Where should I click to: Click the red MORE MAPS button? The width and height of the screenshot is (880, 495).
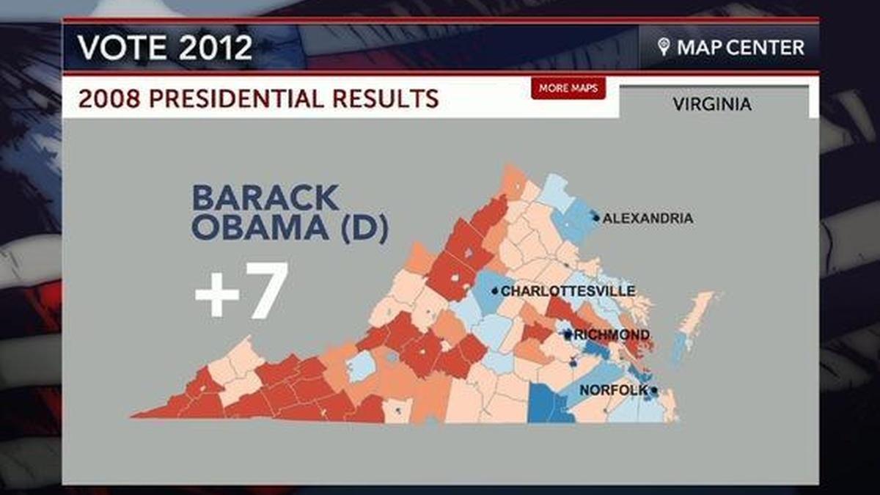(x=568, y=88)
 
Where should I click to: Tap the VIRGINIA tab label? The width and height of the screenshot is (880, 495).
(x=712, y=104)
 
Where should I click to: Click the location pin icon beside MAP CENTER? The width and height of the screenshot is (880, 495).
(x=664, y=48)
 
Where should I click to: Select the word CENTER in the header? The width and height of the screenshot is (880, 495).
(x=769, y=48)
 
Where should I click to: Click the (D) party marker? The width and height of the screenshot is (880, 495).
(x=359, y=228)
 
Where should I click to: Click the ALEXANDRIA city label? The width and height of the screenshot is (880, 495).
(x=648, y=218)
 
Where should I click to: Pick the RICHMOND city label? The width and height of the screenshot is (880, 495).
(x=612, y=335)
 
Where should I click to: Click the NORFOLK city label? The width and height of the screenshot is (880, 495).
(x=614, y=390)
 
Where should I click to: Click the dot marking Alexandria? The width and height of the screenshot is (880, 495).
(x=596, y=218)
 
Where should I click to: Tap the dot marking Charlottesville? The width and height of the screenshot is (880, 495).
(x=495, y=291)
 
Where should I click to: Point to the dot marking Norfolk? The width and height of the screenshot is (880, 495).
(x=653, y=390)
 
